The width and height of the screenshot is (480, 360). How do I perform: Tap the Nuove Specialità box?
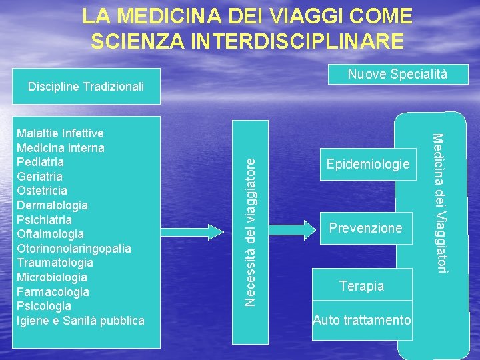(397, 74)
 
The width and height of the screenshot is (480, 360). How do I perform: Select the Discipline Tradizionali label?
(86, 87)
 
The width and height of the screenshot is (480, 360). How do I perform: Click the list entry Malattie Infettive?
(60, 133)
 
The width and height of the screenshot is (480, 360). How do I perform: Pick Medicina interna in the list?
(60, 147)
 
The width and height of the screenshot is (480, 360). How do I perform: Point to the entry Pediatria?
(41, 162)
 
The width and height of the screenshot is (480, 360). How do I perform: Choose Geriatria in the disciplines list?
(40, 177)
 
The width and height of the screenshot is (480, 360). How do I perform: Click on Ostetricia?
(42, 191)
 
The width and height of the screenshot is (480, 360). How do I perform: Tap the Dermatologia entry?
(52, 205)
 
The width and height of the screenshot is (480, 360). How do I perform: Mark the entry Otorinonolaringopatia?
(74, 249)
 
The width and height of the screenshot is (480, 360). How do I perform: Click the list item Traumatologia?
(55, 263)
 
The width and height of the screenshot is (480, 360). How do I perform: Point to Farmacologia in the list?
(53, 292)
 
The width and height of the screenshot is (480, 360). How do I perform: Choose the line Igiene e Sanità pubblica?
(81, 321)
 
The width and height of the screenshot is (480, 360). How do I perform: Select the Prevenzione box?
(366, 228)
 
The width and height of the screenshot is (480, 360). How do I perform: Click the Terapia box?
(362, 286)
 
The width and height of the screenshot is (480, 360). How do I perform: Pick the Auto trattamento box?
(362, 320)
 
